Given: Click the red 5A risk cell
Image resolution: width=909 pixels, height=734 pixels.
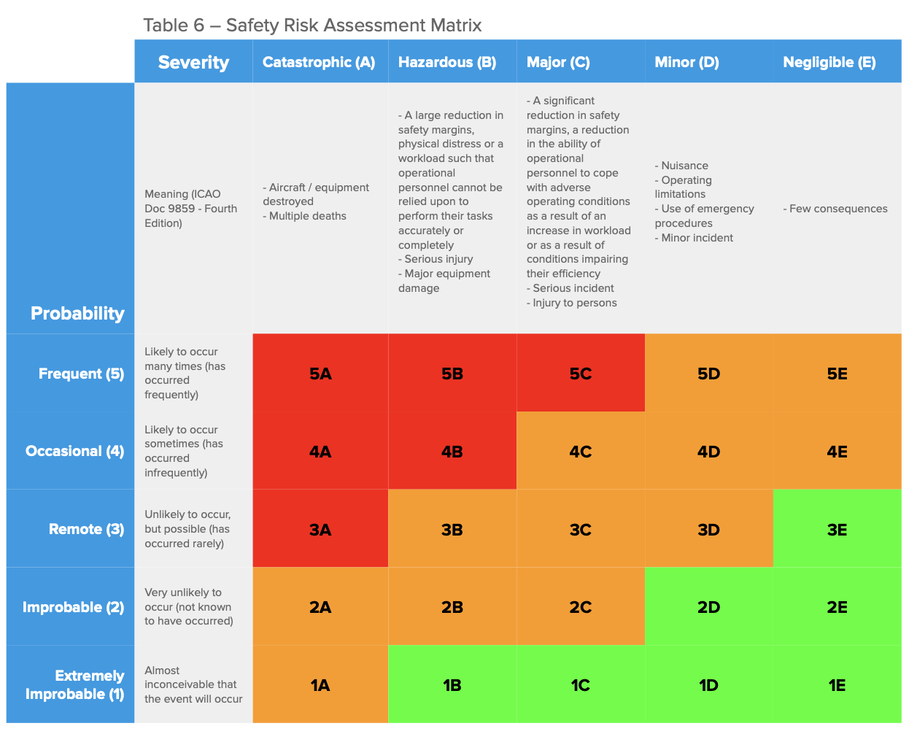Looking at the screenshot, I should tap(320, 374).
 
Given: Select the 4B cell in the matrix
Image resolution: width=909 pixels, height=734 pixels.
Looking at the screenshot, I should tap(452, 452).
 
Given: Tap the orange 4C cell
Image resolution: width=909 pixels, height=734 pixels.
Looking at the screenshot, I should tap(581, 452).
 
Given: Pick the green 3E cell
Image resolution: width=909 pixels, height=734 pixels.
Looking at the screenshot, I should tap(837, 530).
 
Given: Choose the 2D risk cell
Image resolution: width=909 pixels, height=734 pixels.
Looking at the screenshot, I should tap(708, 607).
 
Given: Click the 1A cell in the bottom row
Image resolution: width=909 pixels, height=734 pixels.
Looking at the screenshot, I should tap(320, 685).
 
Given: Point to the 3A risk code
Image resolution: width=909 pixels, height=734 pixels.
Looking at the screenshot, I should tap(320, 530).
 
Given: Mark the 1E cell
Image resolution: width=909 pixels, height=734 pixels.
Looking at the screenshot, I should tap(837, 685).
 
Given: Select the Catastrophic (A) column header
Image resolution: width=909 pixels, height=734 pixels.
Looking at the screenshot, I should tap(319, 62).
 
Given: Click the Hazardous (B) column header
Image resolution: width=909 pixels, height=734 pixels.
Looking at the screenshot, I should tap(447, 62).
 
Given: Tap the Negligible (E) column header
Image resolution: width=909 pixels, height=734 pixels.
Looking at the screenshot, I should tap(829, 62).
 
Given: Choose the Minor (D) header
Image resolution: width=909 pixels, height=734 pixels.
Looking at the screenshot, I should tap(686, 62).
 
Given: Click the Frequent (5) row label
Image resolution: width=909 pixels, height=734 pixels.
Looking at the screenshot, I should tap(81, 374).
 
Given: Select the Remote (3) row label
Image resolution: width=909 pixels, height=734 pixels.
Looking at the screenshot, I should tap(86, 529).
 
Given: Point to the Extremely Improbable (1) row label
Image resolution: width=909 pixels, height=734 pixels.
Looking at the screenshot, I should tap(75, 684).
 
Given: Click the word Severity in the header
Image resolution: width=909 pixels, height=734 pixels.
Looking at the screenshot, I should tap(193, 63).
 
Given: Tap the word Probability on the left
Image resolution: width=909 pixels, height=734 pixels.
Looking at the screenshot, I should tap(77, 313).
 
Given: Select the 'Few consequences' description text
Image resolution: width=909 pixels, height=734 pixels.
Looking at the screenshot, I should tap(838, 209).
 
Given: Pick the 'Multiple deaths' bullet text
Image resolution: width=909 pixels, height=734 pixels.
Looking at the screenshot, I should tap(307, 216).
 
